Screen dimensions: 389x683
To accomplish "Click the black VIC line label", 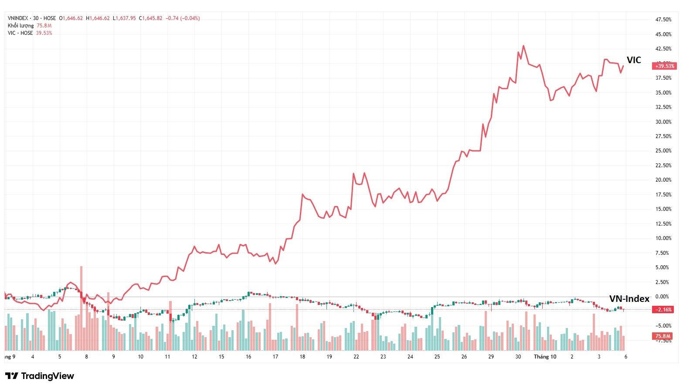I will (634, 60).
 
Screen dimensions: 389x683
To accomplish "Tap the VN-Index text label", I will (629, 299).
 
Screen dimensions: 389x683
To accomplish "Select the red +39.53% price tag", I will (664, 66).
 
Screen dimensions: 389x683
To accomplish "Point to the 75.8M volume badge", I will (663, 336).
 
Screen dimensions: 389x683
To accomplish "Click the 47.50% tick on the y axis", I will (663, 20).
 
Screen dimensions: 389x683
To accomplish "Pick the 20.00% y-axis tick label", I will (663, 180).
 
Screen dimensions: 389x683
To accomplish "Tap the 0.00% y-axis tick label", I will (662, 297).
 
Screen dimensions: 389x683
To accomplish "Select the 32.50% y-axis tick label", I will (663, 107).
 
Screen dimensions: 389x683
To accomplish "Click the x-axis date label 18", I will (302, 357).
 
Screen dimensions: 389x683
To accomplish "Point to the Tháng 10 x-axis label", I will (545, 357).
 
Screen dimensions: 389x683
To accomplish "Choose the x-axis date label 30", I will (518, 357).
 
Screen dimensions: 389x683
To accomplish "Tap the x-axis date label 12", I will (194, 357).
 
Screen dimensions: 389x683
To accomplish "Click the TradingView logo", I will (40, 376).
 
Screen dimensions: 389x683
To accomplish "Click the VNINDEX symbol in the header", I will (18, 18).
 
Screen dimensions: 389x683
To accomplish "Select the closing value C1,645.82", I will (150, 18).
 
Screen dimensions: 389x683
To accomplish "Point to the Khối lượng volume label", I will (20, 26).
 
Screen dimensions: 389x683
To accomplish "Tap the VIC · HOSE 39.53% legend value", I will (44, 33).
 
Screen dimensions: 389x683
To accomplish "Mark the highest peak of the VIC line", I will (523, 46).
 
